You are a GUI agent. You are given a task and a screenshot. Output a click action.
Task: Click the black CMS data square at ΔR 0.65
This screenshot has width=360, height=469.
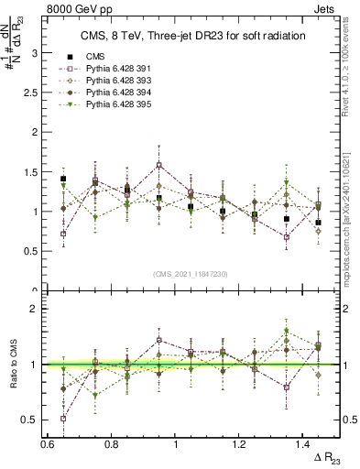tap(63, 180)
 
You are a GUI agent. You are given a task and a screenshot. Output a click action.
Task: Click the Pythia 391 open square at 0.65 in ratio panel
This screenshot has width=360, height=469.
tap(63, 419)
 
